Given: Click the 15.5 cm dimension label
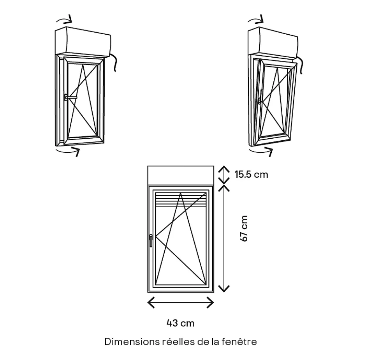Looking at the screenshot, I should point(251,174).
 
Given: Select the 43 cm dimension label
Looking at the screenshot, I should point(180,323).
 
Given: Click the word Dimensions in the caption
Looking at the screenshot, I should point(131,342).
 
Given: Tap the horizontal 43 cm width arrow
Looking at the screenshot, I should point(181,302).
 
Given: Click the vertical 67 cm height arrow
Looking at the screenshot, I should point(223,238).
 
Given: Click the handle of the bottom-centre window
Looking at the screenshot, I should point(150,240).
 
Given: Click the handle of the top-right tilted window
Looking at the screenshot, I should point(260,99).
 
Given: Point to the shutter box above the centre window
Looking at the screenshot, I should point(181,175).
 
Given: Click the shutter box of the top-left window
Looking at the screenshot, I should point(84,41).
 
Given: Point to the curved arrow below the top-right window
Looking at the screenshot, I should point(261,150).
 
